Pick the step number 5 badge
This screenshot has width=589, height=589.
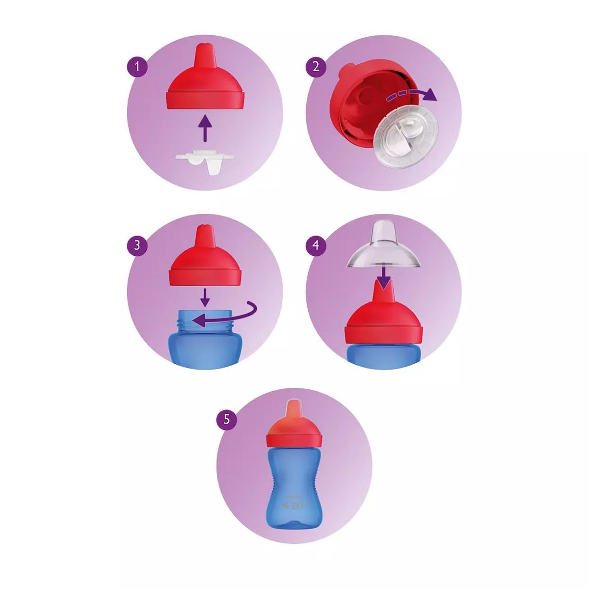point(226,420)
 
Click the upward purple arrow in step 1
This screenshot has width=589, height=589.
point(205,129)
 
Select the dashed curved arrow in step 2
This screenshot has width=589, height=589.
point(410,93)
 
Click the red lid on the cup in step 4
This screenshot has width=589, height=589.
point(383,324)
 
